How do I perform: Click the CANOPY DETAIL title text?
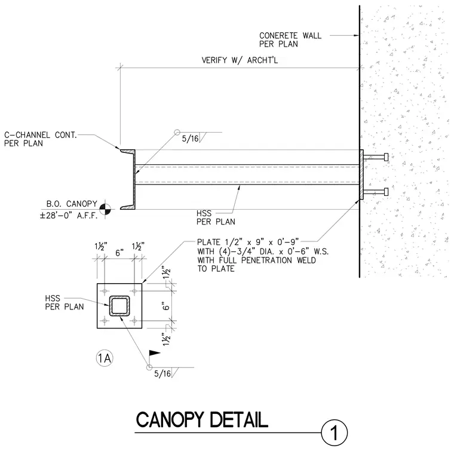coord(202,420)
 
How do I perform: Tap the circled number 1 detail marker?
coord(335,433)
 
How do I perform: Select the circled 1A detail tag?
coord(104,358)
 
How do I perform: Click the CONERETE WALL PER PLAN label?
coord(290,39)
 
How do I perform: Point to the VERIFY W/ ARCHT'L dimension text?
coord(240,60)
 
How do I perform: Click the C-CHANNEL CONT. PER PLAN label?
coord(41,139)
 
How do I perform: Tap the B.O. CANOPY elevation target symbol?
coord(105,209)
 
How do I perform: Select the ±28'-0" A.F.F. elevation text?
coord(69,216)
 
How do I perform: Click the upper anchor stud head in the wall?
coord(386,157)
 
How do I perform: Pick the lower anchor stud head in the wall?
coord(386,192)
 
